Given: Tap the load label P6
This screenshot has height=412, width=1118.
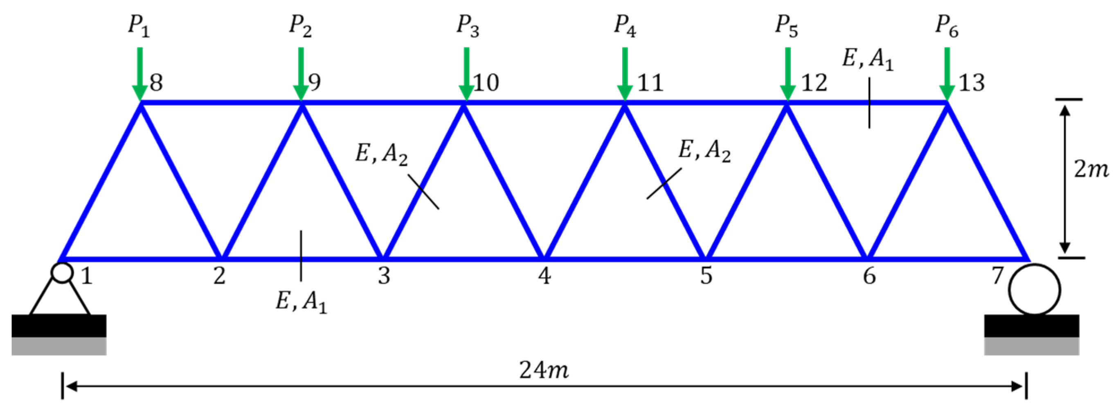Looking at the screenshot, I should pyautogui.click(x=946, y=27).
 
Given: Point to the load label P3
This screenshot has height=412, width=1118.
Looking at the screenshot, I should pyautogui.click(x=468, y=27).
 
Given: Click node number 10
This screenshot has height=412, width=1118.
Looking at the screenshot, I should pyautogui.click(x=486, y=83).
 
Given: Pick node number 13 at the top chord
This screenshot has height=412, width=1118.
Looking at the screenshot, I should pyautogui.click(x=971, y=83).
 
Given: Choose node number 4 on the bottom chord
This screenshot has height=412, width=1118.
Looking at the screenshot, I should pyautogui.click(x=544, y=276).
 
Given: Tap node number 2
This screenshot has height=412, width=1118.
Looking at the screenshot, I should pyautogui.click(x=219, y=276).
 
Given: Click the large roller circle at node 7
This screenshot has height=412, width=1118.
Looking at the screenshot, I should pyautogui.click(x=1034, y=290).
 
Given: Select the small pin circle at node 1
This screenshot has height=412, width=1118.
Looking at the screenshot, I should pyautogui.click(x=62, y=273).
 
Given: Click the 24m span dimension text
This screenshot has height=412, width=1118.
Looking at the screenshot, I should pyautogui.click(x=543, y=371).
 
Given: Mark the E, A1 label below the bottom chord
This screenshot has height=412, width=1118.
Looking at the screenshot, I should pyautogui.click(x=301, y=301).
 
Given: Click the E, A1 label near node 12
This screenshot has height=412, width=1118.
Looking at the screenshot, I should pyautogui.click(x=868, y=59).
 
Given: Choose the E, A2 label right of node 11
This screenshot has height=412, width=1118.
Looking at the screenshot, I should pyautogui.click(x=704, y=151).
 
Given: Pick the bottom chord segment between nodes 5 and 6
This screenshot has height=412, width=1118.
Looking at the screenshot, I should pyautogui.click(x=786, y=259).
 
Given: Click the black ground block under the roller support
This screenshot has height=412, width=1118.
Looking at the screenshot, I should pyautogui.click(x=1031, y=326).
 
